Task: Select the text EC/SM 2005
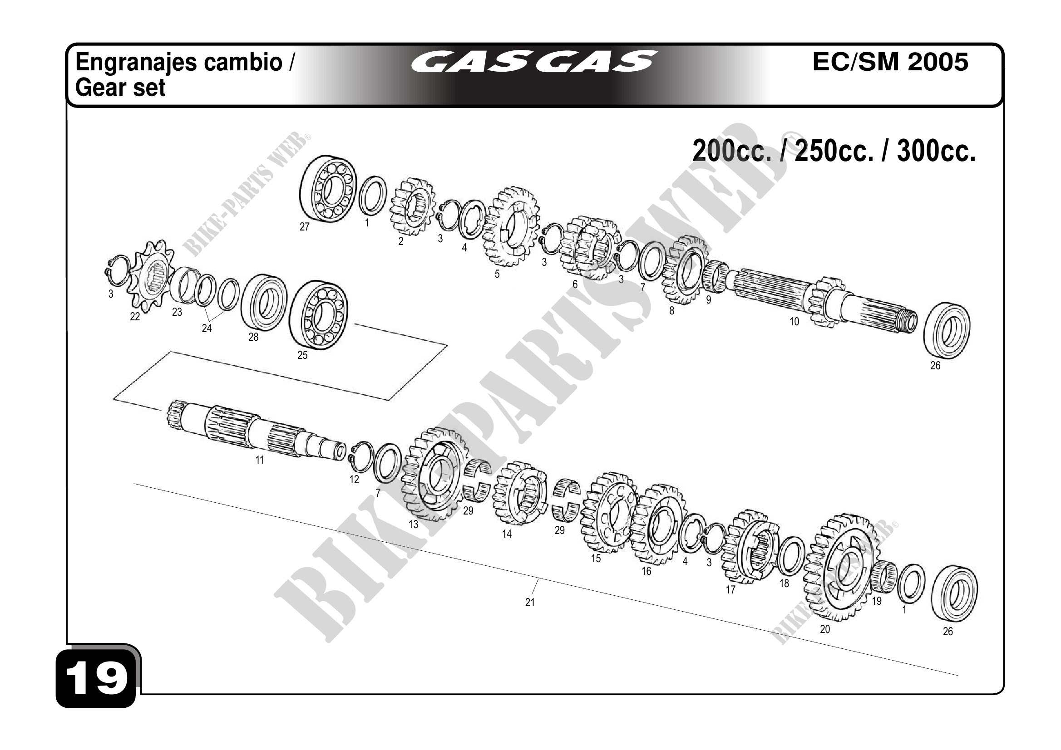click(890, 62)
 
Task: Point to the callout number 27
click(304, 227)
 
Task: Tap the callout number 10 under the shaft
click(794, 321)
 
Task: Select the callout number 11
click(259, 460)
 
